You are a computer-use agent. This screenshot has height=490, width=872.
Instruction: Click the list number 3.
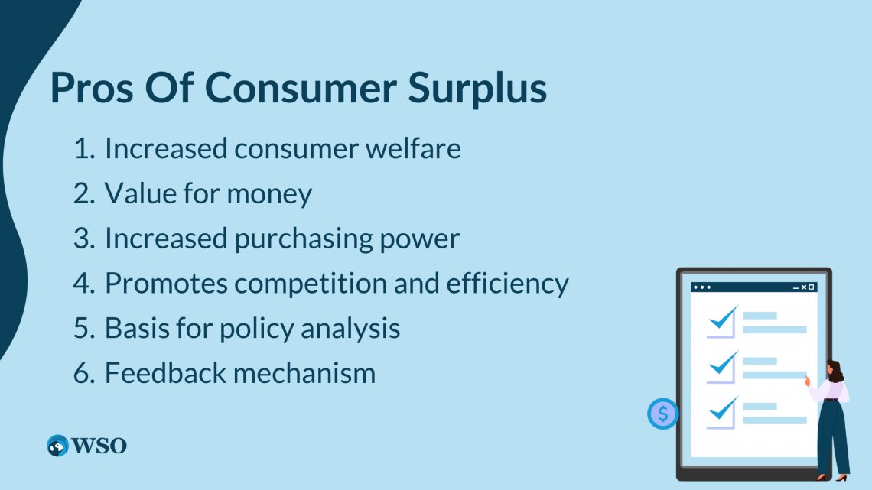point(83,239)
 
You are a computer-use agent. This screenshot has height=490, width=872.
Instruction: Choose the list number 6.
point(83,373)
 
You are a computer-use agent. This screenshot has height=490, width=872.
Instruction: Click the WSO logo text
point(99,446)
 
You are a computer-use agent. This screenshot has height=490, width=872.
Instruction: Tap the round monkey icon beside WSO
point(57,446)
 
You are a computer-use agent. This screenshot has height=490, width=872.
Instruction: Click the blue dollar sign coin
point(662,414)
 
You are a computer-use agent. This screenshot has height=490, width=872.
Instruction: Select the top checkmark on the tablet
point(722,319)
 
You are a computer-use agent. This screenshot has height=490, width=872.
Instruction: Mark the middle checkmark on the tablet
point(722,364)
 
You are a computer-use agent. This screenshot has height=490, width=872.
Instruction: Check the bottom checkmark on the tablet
point(722,410)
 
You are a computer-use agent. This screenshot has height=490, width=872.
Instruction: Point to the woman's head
point(834,372)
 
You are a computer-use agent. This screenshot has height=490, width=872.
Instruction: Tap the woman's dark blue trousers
point(832,436)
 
